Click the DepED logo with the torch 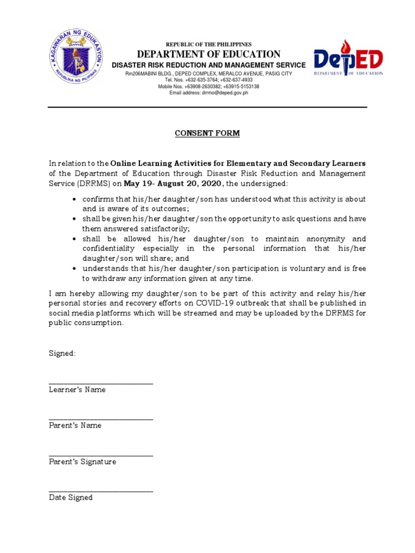tap(349, 58)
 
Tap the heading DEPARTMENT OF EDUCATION tap(209, 54)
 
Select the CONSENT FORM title tap(207, 133)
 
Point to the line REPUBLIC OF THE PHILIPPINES tap(208, 44)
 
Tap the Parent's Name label tap(75, 426)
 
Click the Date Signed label tap(71, 497)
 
